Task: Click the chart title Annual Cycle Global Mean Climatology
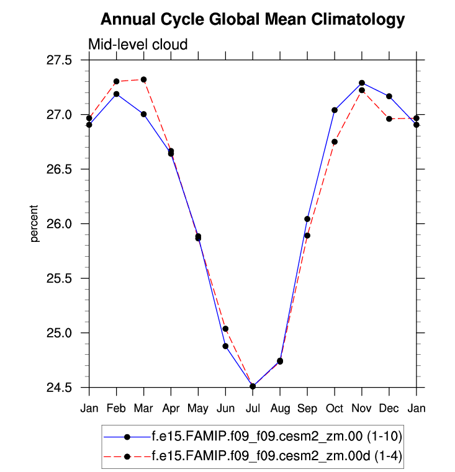tap(252, 20)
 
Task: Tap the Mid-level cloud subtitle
tap(138, 44)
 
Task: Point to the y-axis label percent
tap(35, 224)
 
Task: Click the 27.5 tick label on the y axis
tap(69, 60)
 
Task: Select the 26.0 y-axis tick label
tap(69, 224)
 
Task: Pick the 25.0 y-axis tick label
tap(69, 333)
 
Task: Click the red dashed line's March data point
tap(143, 79)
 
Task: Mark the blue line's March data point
tap(143, 114)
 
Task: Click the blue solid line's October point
tap(335, 110)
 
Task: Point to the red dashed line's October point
tap(335, 142)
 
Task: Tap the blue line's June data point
tap(225, 346)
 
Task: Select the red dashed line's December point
tap(389, 118)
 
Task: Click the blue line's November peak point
tap(362, 82)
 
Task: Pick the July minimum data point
tap(253, 386)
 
